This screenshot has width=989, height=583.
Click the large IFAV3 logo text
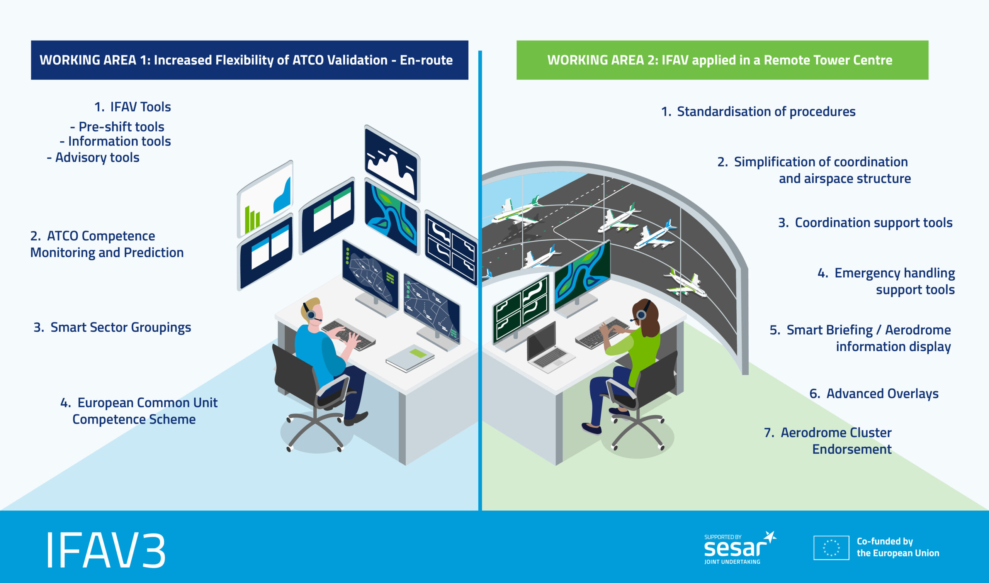pyautogui.click(x=106, y=550)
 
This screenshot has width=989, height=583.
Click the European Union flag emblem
pyautogui.click(x=831, y=547)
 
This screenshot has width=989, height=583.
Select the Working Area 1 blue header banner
pyautogui.click(x=250, y=60)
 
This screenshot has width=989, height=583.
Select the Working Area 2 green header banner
pyautogui.click(x=722, y=60)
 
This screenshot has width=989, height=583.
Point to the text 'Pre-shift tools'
pyautogui.click(x=117, y=127)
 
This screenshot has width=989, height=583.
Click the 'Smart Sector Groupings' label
pyautogui.click(x=112, y=327)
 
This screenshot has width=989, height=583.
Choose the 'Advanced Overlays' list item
pyautogui.click(x=874, y=393)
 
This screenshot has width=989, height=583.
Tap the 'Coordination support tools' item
pyautogui.click(x=865, y=223)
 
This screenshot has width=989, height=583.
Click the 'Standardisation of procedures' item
pyautogui.click(x=758, y=112)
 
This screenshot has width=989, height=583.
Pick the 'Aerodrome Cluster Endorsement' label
pyautogui.click(x=828, y=441)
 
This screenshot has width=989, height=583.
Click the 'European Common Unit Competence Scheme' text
pyautogui.click(x=139, y=411)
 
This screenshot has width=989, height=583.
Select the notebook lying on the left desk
pyautogui.click(x=410, y=358)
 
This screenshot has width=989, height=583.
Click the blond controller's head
pyautogui.click(x=312, y=310)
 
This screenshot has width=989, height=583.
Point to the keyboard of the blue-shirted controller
pyautogui.click(x=348, y=335)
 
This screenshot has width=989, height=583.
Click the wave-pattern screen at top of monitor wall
pyautogui.click(x=392, y=163)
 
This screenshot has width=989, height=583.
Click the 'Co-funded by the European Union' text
pyautogui.click(x=898, y=547)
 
